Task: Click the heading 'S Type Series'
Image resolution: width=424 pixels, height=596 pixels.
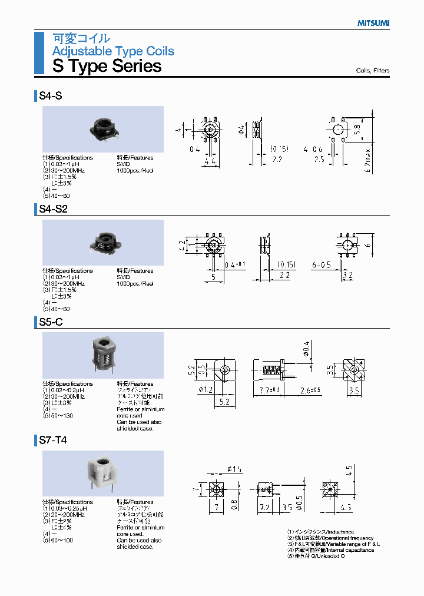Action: click(x=107, y=66)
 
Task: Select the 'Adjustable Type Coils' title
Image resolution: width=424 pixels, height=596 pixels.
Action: click(x=113, y=51)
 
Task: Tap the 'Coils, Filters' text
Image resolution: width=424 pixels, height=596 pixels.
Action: click(x=372, y=71)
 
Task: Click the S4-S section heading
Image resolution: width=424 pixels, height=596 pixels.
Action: click(x=50, y=95)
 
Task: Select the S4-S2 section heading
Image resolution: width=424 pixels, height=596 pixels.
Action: click(x=53, y=209)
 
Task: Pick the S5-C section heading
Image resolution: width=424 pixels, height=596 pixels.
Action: click(x=51, y=322)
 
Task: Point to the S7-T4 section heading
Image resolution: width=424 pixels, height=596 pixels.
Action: click(x=53, y=441)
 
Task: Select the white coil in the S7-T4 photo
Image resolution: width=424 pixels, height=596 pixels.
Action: click(x=104, y=474)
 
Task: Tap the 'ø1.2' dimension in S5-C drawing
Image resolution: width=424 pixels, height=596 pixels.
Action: click(x=206, y=389)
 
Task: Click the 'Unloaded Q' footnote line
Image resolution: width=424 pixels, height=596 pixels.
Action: click(x=316, y=556)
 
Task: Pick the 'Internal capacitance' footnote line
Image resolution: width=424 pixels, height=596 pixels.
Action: click(x=330, y=550)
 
